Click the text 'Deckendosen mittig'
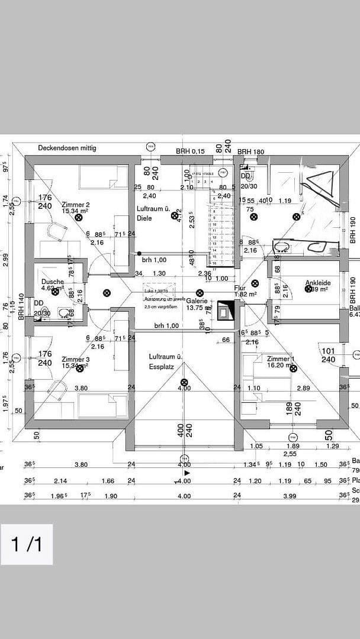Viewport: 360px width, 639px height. coord(67,148)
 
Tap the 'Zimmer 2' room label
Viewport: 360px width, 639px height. coord(75,205)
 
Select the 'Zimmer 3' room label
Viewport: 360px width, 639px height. coord(75,359)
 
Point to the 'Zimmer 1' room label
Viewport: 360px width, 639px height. coord(279,359)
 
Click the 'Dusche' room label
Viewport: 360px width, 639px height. coord(52,282)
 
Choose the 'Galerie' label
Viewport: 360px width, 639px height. coord(197,301)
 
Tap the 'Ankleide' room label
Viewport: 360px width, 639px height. coord(317,283)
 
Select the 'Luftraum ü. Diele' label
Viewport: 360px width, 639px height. coord(153,214)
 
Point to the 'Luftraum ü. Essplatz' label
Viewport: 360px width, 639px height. coord(165,362)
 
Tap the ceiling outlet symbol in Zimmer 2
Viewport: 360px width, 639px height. coord(79,217)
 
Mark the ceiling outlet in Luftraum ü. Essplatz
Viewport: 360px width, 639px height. coord(184,382)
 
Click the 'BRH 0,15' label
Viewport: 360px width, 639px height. coord(190,151)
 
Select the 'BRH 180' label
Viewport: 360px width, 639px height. coord(250,152)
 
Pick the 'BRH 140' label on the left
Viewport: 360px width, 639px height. coord(21,306)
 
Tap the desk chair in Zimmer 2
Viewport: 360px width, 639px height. coord(59,232)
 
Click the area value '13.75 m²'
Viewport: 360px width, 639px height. coord(199,308)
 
